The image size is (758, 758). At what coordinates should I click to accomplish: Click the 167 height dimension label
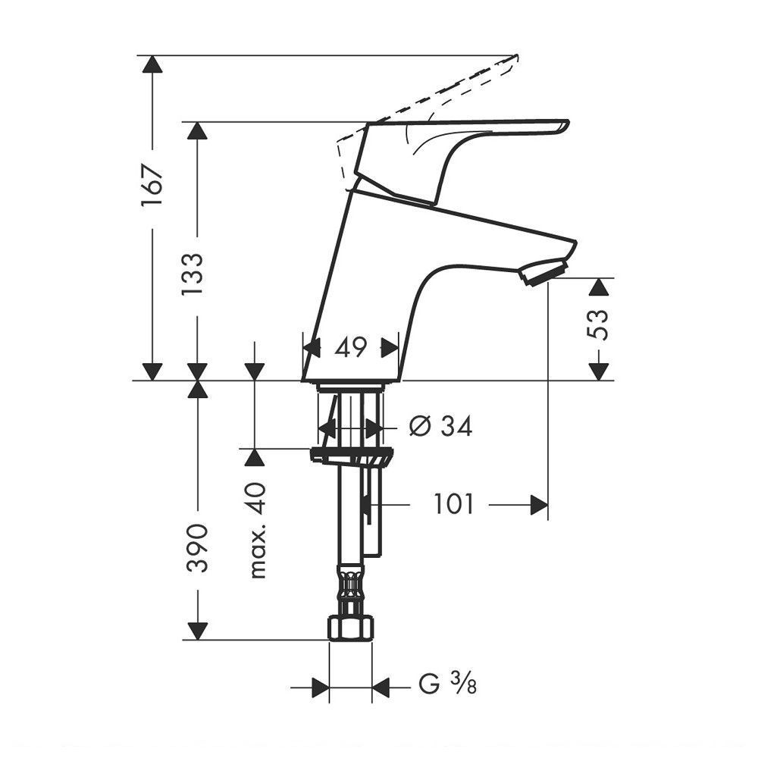[152, 186]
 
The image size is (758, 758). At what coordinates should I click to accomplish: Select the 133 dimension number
[193, 274]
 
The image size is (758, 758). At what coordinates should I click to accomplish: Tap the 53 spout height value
[598, 324]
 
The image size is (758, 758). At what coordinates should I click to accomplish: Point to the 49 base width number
[352, 347]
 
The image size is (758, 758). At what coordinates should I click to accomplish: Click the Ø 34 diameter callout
[440, 426]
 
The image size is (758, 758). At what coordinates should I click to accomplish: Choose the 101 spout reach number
[453, 504]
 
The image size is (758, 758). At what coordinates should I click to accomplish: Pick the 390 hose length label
[198, 547]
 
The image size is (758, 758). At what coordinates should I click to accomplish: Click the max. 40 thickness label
[258, 531]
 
